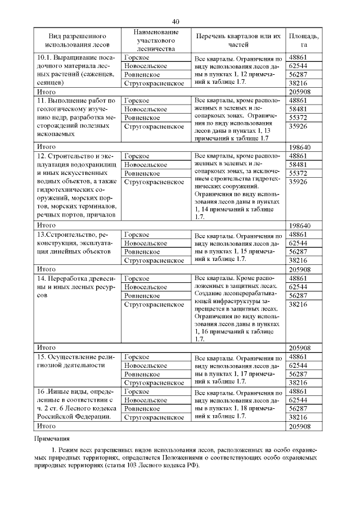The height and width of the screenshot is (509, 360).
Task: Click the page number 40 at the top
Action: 176,21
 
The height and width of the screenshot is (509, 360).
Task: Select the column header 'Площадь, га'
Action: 304,40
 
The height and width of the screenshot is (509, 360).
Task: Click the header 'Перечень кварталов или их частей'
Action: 238,40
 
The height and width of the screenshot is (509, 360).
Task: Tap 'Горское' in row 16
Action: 137,391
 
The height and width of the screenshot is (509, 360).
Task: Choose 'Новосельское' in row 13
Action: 146,243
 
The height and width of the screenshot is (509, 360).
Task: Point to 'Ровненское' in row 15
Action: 142,373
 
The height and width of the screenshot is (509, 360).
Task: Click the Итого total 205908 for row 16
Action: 300,426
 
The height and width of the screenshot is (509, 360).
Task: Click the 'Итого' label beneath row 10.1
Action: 46,91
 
